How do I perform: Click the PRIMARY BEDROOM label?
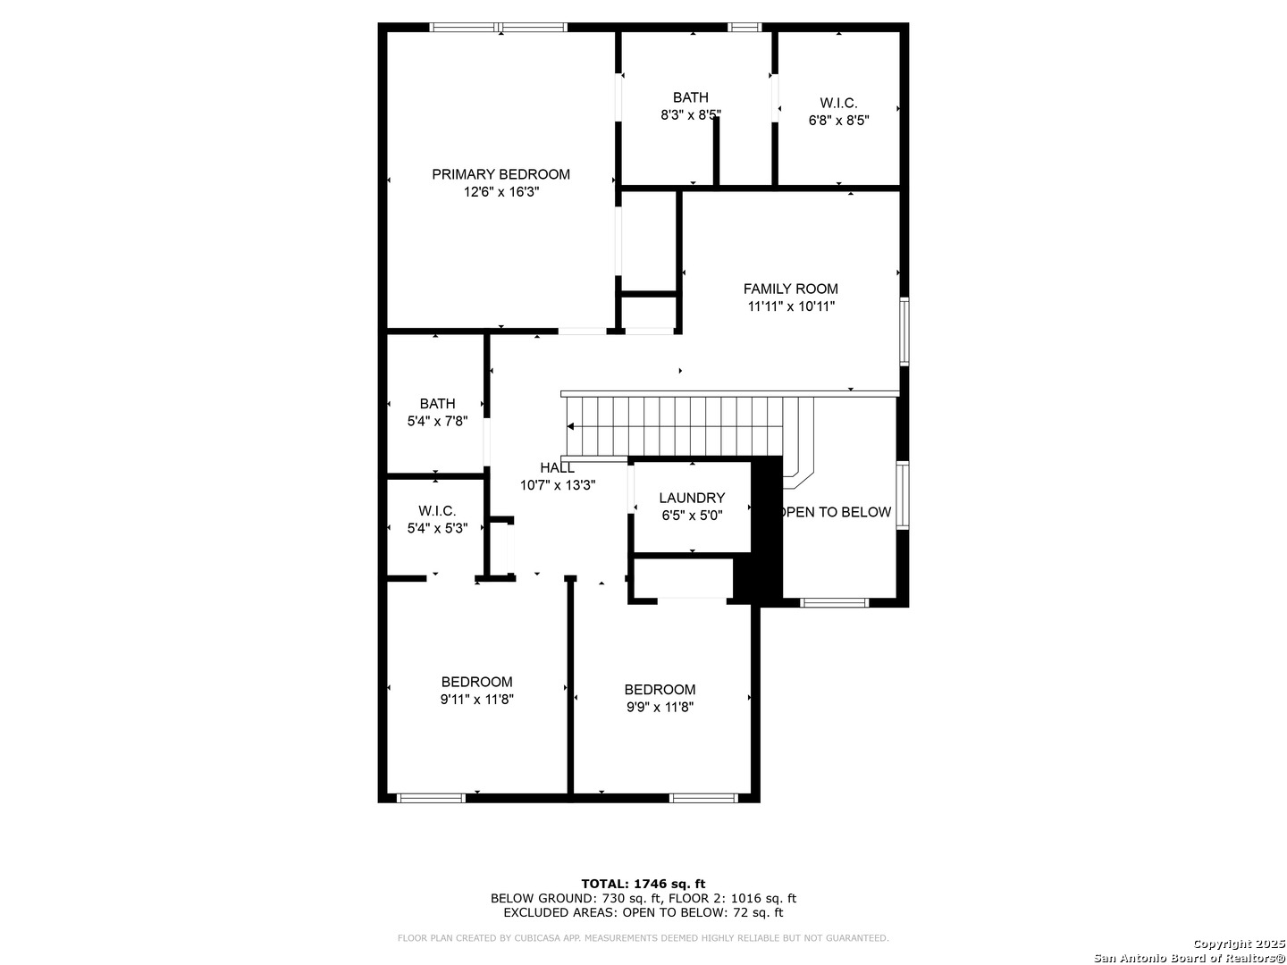pyautogui.click(x=500, y=174)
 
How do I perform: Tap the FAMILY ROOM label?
pyautogui.click(x=790, y=289)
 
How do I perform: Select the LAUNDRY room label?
pyautogui.click(x=692, y=498)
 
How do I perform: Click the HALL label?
pyautogui.click(x=557, y=467)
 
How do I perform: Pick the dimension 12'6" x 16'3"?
pyautogui.click(x=501, y=191)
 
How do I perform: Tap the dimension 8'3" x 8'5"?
pyautogui.click(x=691, y=115)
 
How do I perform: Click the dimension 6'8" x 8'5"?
pyautogui.click(x=838, y=121)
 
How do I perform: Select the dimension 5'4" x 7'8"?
pyautogui.click(x=437, y=421)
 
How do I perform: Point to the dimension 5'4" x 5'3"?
pyautogui.click(x=437, y=528)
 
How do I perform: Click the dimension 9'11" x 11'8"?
pyautogui.click(x=476, y=699)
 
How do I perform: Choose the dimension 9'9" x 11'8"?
pyautogui.click(x=660, y=707)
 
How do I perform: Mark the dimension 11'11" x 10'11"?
pyautogui.click(x=791, y=306)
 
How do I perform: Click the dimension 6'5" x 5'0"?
pyautogui.click(x=692, y=516)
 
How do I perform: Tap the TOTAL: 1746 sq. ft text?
pyautogui.click(x=643, y=884)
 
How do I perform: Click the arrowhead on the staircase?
pyautogui.click(x=570, y=426)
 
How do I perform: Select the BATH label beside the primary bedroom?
pyautogui.click(x=690, y=97)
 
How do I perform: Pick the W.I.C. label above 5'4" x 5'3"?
pyautogui.click(x=437, y=510)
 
